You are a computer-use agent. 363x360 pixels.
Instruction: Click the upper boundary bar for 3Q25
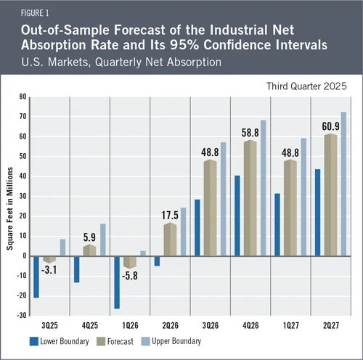coord(62,247)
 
